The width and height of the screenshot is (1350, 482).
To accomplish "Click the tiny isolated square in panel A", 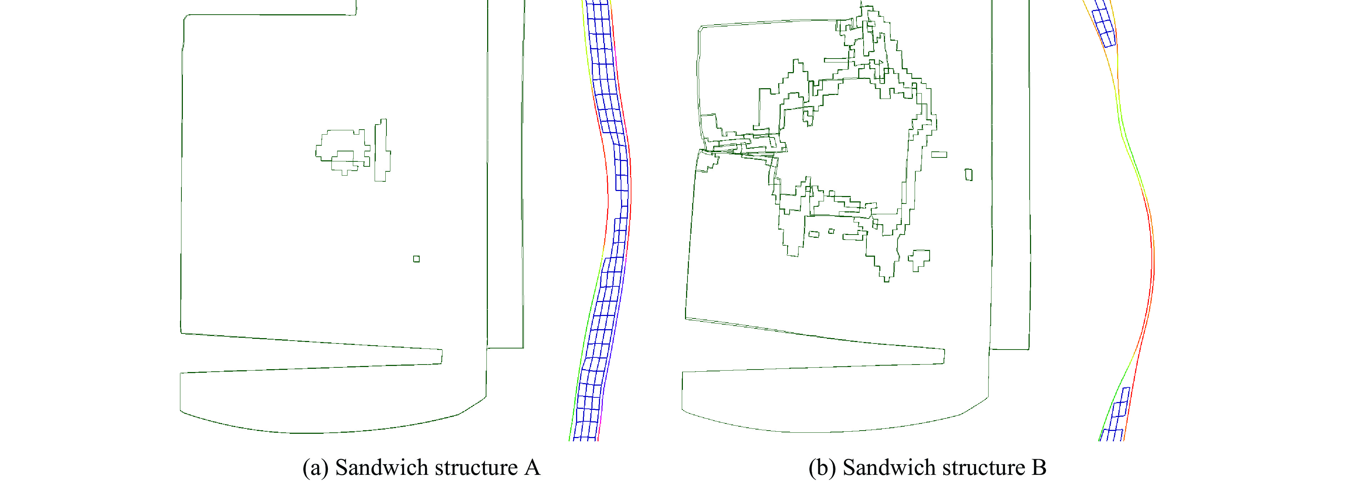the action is click(416, 259).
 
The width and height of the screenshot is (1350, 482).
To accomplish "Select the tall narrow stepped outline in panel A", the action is click(382, 150).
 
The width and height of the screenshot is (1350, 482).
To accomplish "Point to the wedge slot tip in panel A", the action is click(441, 356).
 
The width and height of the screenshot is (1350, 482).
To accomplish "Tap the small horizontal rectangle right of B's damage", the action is click(939, 155).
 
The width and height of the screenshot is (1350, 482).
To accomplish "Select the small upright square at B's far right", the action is click(969, 175).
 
